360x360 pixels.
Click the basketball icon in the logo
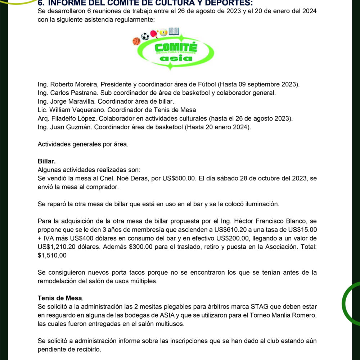coord(136,41)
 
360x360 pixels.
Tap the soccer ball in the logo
coord(145,36)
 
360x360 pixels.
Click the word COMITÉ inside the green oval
coord(175,47)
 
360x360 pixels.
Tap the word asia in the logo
coord(175,58)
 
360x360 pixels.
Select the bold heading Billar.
coord(46,161)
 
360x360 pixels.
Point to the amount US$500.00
coord(179,178)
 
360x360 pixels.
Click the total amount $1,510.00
coord(52,255)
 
